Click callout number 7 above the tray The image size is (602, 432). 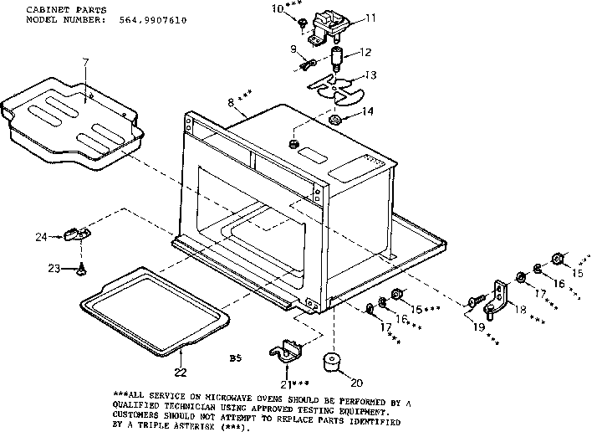85,63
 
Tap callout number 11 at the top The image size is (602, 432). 370,17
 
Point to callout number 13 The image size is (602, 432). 370,75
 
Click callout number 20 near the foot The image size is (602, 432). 357,383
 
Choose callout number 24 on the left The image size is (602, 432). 40,237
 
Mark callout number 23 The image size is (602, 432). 54,269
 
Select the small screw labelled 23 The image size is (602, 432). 81,269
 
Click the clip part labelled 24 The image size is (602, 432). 77,234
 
